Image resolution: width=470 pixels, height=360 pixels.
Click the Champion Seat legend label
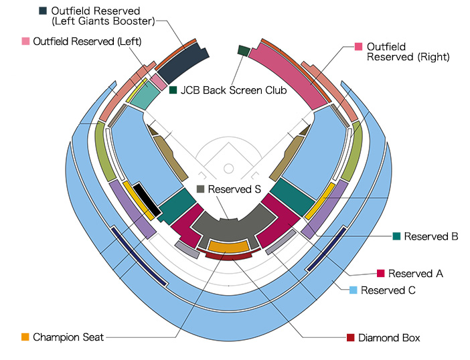(68, 337)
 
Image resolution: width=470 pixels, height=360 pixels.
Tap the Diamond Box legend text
(389, 338)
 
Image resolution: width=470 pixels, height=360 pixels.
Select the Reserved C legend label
(388, 290)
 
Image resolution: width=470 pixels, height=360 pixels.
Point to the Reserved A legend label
(416, 274)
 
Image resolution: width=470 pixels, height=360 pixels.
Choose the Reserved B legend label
(431, 236)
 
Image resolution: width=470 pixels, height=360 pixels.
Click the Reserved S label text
(234, 189)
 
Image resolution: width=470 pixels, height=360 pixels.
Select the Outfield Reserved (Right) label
(408, 52)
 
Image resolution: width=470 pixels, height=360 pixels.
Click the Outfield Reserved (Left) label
(87, 41)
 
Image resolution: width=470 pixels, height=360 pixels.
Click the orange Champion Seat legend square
(25, 337)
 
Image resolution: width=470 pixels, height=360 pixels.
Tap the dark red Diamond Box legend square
(350, 338)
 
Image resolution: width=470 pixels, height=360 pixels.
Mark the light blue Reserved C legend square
(354, 290)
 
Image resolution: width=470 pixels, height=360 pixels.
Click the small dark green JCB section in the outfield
(243, 51)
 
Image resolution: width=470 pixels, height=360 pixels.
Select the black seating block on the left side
(147, 199)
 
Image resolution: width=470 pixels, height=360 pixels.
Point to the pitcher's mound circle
(228, 167)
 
